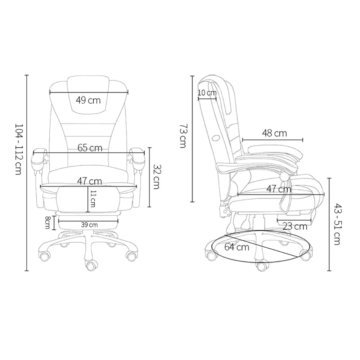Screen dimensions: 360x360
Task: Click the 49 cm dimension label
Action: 88,100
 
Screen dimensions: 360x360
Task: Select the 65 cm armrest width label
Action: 90,148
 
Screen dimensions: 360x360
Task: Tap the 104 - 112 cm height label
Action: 18,149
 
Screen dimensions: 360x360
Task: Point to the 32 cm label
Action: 156,176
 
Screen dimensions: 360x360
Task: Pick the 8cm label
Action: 47,222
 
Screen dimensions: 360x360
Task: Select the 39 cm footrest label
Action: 89,225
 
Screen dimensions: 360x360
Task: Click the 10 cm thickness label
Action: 207,93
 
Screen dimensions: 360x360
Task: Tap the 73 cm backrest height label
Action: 183,136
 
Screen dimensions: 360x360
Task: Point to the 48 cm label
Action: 274,133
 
